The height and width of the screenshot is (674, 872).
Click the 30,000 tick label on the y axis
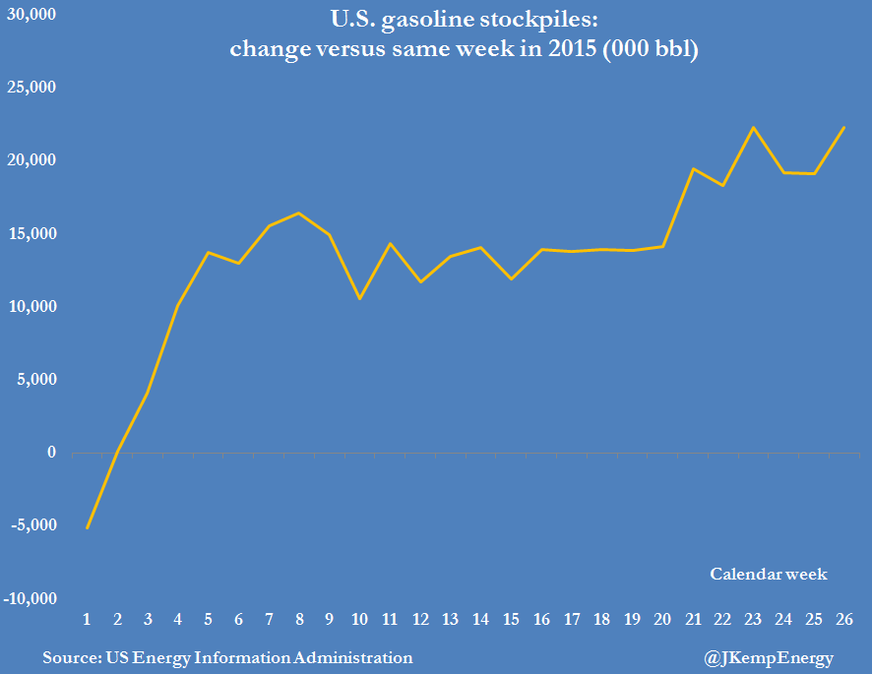pos(31,16)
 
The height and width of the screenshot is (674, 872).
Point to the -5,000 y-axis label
pos(33,525)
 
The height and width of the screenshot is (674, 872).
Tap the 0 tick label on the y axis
pos(51,453)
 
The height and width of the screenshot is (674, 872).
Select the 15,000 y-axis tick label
pos(31,234)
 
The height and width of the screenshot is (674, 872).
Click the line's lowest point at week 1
pos(88,527)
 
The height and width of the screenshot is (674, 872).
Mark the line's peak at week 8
pos(299,213)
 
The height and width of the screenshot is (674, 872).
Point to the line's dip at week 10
pos(359,298)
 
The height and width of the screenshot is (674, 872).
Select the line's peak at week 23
pos(753,127)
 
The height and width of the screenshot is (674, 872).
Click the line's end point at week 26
pos(844,127)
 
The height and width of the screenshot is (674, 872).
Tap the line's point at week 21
pos(693,168)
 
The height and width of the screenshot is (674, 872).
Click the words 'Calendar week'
pos(769,574)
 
